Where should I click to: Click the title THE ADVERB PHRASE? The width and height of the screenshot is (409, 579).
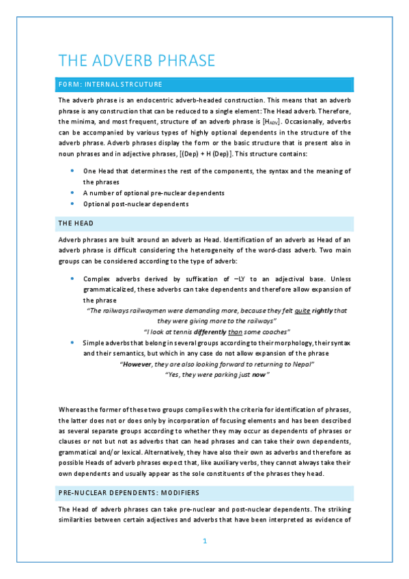click(x=137, y=60)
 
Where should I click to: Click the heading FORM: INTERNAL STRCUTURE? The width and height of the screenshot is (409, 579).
click(x=110, y=85)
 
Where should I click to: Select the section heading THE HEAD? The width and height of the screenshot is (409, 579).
click(x=75, y=223)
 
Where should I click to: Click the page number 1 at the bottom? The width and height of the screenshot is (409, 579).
click(x=205, y=541)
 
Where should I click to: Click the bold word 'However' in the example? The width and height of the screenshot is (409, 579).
click(x=135, y=365)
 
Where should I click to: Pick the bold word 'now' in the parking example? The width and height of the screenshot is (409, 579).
click(x=259, y=376)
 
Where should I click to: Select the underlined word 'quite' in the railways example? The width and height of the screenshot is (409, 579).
click(x=311, y=311)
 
